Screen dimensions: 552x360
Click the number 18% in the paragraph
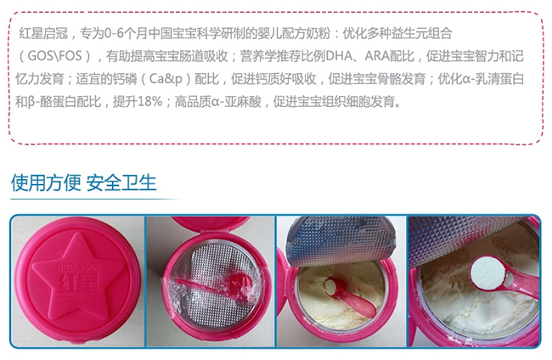[x=150, y=102]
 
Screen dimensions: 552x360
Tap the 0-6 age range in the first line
[x=115, y=34]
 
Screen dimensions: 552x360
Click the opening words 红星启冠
[x=43, y=34]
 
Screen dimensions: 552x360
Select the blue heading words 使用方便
[x=46, y=183]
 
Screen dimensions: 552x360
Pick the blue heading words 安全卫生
[x=121, y=183]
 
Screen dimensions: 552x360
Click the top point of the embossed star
[x=77, y=233]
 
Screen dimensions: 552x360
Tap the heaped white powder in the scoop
[x=487, y=273]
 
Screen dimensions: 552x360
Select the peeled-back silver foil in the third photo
[x=341, y=240]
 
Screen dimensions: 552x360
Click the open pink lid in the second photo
[x=210, y=223]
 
